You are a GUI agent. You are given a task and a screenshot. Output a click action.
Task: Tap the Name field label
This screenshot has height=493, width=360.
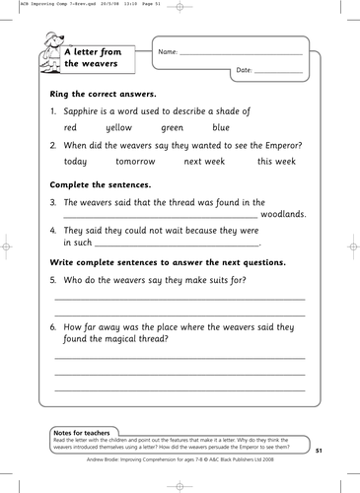pos(167,50)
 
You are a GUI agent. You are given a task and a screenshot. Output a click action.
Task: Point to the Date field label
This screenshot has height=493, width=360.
pos(246,72)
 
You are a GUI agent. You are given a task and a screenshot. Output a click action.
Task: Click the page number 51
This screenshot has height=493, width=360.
pos(319,451)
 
